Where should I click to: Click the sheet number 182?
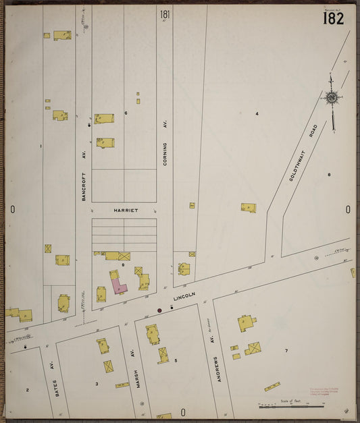(333, 18)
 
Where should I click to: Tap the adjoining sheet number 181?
(165, 14)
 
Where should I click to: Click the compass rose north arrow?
(332, 98)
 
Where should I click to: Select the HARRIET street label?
(124, 210)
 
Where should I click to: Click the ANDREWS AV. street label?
(216, 370)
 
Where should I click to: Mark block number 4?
(257, 113)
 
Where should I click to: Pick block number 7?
(286, 351)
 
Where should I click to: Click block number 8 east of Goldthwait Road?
(329, 175)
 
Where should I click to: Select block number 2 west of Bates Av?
(28, 390)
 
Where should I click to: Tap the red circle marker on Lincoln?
(159, 310)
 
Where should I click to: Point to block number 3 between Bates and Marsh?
(97, 384)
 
